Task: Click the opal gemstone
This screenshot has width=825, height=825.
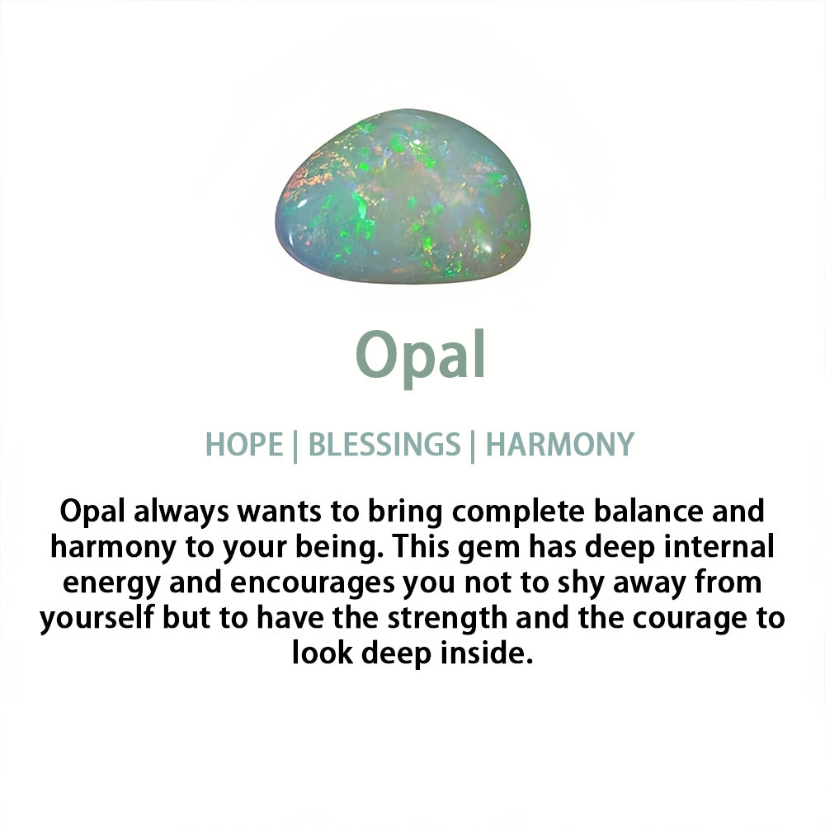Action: [x=403, y=196]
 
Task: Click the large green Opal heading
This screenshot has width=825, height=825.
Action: [x=421, y=356]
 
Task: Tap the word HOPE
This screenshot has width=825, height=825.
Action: [x=244, y=444]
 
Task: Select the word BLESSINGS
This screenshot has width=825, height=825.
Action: [x=384, y=444]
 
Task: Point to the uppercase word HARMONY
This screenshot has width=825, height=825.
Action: [x=560, y=444]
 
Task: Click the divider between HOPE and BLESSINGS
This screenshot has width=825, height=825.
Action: [x=295, y=446]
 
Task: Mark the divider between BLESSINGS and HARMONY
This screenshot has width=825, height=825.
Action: [x=473, y=446]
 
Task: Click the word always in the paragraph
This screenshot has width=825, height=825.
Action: [x=181, y=512]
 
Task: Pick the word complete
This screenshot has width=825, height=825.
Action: [x=518, y=512]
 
